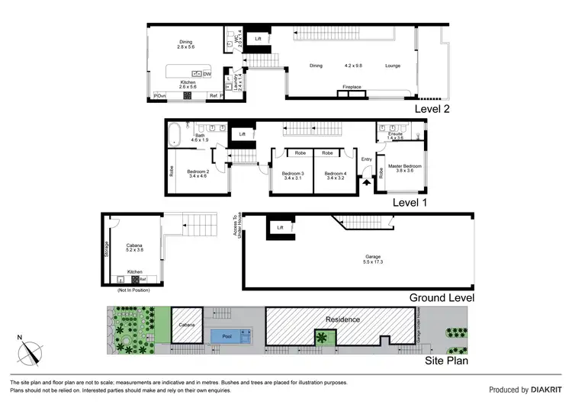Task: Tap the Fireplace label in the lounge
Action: (x=352, y=87)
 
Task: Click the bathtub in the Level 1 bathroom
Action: (x=174, y=135)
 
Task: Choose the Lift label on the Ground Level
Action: (x=280, y=226)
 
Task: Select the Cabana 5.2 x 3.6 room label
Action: (x=134, y=248)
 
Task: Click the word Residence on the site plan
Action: (x=342, y=320)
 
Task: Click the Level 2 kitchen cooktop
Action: (x=186, y=96)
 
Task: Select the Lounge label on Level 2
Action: (x=393, y=66)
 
